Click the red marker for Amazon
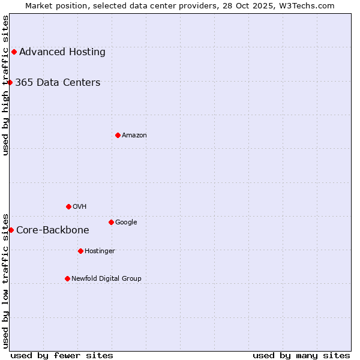(x=118, y=135)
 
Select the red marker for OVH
(x=68, y=206)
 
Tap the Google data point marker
(x=111, y=222)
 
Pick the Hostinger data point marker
(x=80, y=251)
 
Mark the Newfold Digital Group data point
(x=67, y=278)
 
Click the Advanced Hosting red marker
(x=14, y=52)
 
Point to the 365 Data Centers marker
(x=10, y=82)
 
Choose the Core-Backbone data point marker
(x=11, y=230)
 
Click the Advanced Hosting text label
(x=62, y=52)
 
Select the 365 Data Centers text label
(x=58, y=82)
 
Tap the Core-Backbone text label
(x=53, y=230)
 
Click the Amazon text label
(x=134, y=135)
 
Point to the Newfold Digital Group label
(x=107, y=278)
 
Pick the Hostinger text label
(x=100, y=251)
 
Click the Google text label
(x=126, y=222)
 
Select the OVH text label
(x=80, y=206)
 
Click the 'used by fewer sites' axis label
(x=62, y=355)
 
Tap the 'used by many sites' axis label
(x=301, y=355)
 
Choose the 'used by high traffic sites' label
(x=5, y=85)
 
